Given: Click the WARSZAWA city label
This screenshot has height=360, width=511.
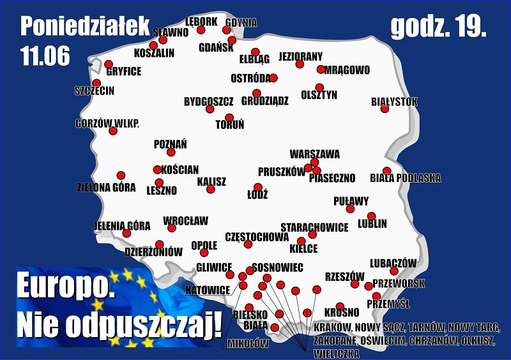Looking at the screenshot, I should tap(314, 154).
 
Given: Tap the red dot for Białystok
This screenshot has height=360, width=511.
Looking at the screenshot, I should tap(385, 109).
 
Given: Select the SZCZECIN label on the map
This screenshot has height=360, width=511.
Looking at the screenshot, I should tap(94, 91).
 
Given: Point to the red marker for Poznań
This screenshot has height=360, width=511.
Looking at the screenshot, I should tap(171, 152).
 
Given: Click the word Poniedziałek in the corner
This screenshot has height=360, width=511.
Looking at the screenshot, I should tap(85, 26).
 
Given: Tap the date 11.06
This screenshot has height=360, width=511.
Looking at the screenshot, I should tap(45, 56).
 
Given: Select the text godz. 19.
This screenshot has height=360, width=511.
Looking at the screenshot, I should tap(438, 26).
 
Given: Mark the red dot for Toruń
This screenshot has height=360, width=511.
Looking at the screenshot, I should tap(229, 117).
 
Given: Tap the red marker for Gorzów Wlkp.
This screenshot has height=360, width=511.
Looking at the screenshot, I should tap(113, 131).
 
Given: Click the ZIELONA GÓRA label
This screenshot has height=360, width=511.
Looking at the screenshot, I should tap(106, 188).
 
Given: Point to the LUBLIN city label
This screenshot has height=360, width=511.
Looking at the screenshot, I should tap(372, 224).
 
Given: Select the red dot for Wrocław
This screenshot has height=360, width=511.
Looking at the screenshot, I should tap(171, 228).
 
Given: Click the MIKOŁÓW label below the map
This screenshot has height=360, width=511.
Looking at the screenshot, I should tap(248, 343).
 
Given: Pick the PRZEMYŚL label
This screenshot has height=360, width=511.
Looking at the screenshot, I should tap(388, 304).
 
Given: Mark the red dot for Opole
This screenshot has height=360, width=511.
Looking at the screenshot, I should tap(204, 253).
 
